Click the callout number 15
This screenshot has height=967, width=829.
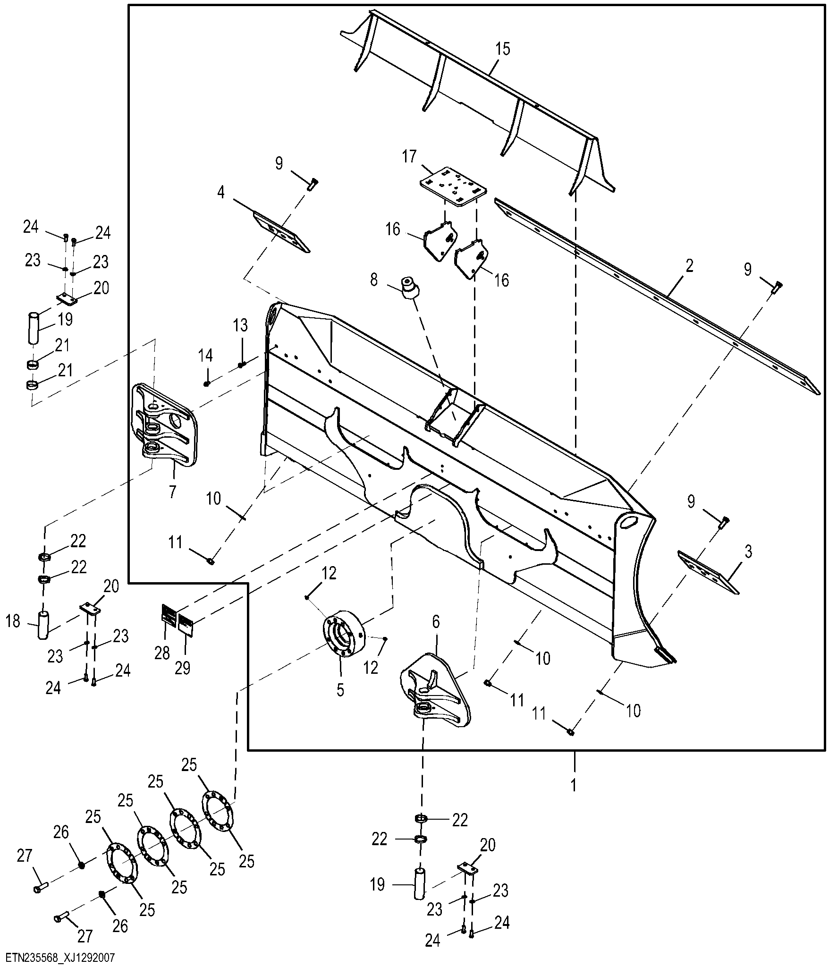coord(503,49)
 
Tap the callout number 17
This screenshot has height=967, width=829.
coord(409,156)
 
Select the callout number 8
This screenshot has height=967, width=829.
coord(374,280)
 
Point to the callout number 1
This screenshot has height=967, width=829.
coord(574,786)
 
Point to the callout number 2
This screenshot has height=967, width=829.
coord(689,266)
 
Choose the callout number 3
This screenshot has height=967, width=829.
coord(748,551)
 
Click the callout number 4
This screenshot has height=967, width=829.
coord(221,193)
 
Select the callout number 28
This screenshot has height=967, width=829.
coord(162,653)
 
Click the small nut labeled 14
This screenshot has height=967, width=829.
coord(206,383)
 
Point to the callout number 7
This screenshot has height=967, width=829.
coord(173,491)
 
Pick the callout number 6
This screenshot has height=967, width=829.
coord(435,622)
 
